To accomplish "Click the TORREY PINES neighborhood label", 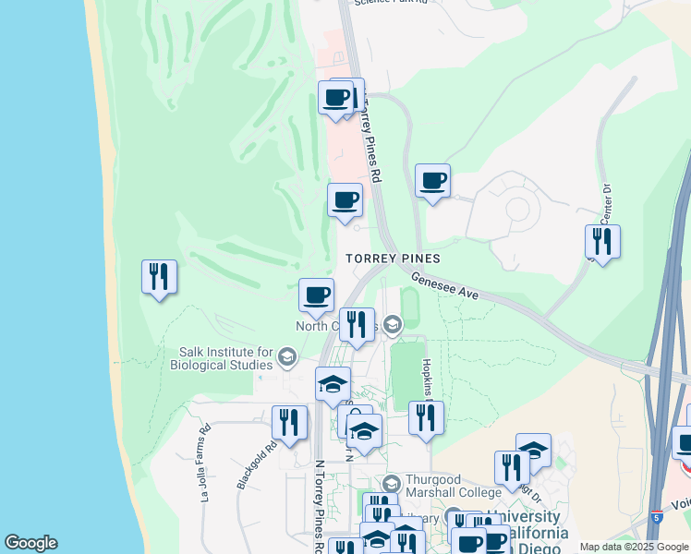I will (x=393, y=259).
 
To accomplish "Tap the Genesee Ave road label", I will (x=444, y=284).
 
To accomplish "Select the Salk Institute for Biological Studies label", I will (x=226, y=359).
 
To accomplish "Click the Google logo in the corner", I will (x=30, y=543).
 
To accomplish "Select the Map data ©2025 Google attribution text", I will (x=634, y=548).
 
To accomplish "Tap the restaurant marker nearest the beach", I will (x=159, y=277).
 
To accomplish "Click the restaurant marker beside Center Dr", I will (x=602, y=242).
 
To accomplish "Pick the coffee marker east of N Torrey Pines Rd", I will (x=432, y=180).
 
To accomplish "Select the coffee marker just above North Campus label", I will (x=316, y=295).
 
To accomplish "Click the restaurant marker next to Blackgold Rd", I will (x=289, y=423).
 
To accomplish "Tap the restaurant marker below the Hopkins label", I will (x=426, y=417).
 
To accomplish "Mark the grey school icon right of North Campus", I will (x=394, y=324).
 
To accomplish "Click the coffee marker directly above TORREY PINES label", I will (x=345, y=200).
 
